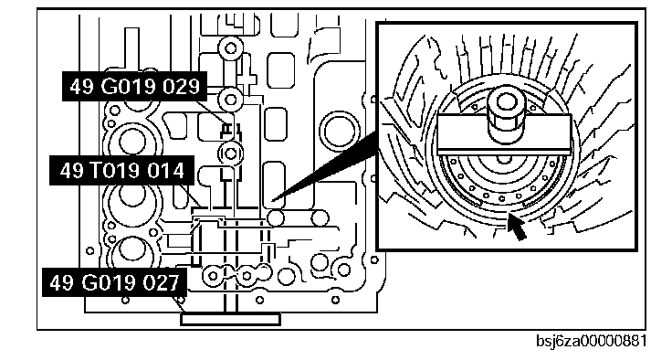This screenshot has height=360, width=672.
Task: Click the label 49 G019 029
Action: pyautogui.click(x=134, y=87)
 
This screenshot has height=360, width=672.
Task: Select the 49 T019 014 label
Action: pyautogui.click(x=122, y=170)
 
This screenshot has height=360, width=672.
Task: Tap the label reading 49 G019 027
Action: pyautogui.click(x=114, y=282)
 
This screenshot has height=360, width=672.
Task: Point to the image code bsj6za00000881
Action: pyautogui.click(x=592, y=341)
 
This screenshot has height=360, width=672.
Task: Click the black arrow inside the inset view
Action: pyautogui.click(x=516, y=226)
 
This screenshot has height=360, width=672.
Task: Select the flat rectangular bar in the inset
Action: pyautogui.click(x=504, y=134)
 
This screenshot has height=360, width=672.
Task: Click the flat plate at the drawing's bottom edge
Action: pyautogui.click(x=231, y=319)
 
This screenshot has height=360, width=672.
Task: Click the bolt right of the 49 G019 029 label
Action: pyautogui.click(x=231, y=100)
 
